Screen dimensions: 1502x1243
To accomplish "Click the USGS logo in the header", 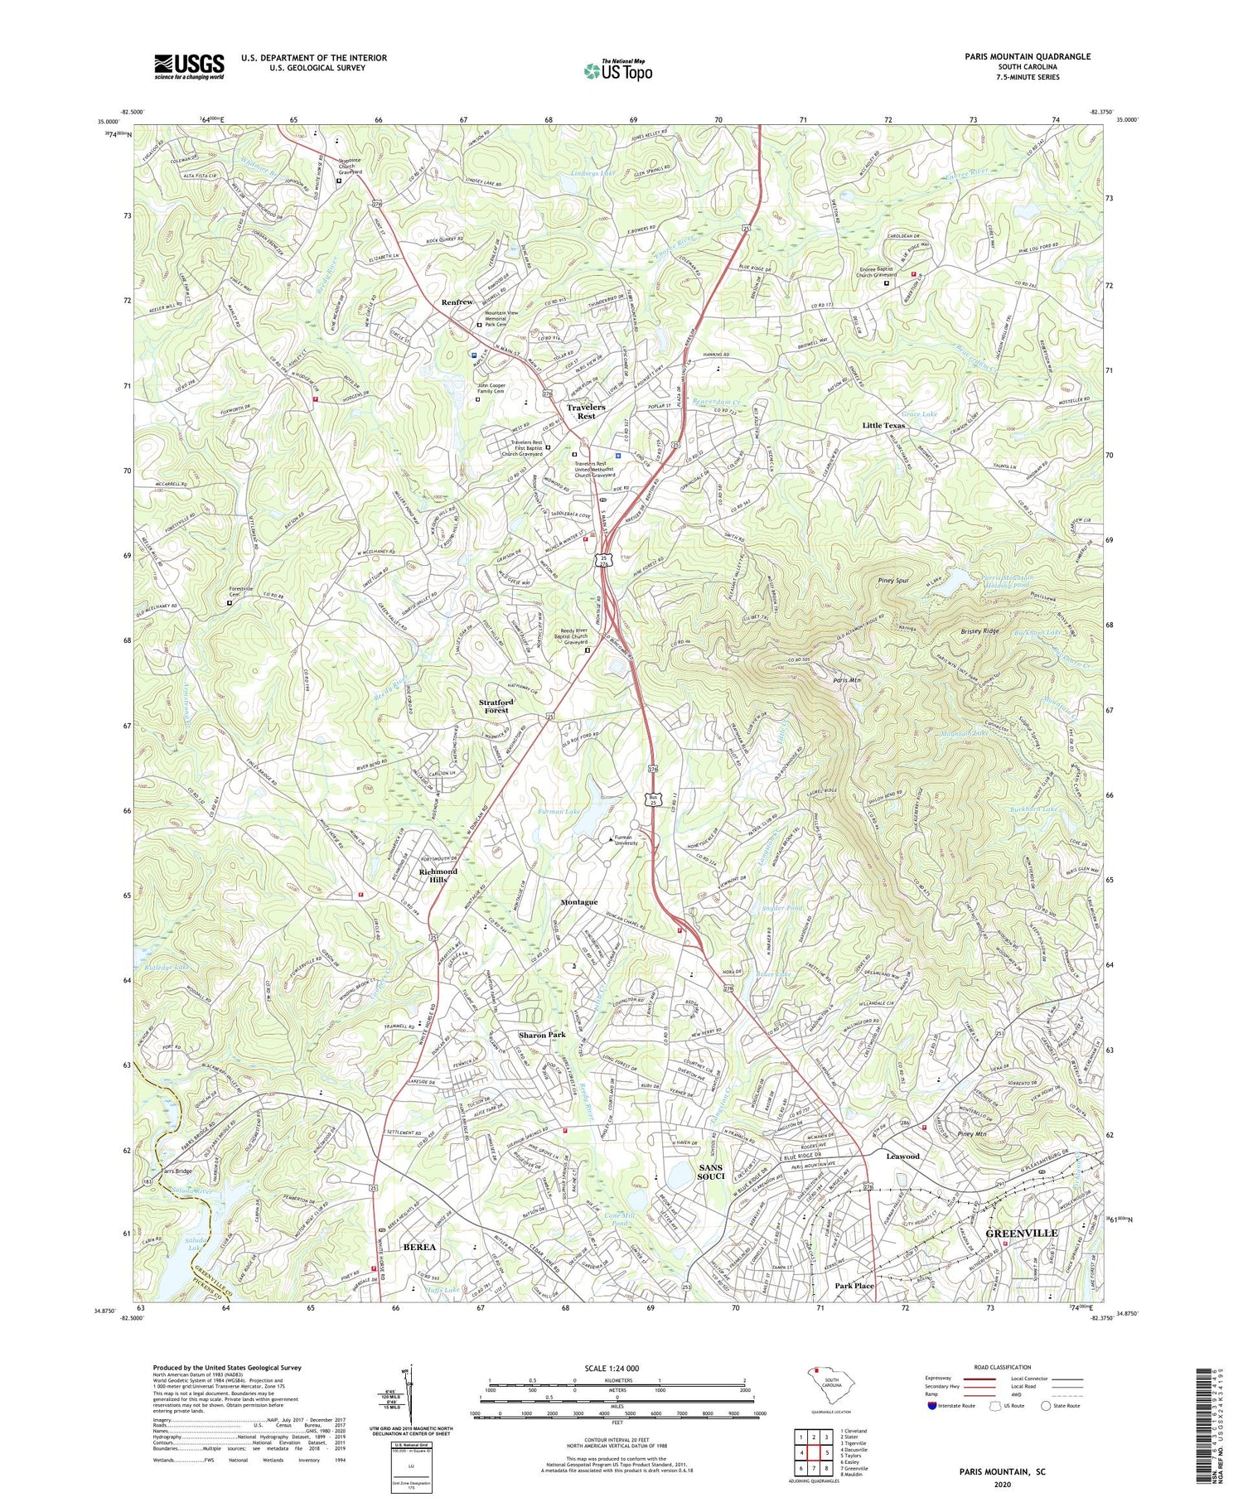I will (189, 66).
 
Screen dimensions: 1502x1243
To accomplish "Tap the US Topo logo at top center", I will (617, 70).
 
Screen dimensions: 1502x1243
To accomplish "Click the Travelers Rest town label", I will (586, 412).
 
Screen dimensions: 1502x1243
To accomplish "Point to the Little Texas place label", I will (883, 425).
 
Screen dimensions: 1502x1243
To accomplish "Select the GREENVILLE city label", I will (1021, 1233).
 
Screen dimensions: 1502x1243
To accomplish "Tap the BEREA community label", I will (419, 1246).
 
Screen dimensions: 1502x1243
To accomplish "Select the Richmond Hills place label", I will (438, 876).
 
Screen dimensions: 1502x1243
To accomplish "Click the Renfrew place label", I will (457, 302).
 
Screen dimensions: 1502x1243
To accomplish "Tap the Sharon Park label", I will (542, 1036).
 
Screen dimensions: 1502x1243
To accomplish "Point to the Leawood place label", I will (902, 1156).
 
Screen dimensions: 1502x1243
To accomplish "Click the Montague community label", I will (579, 902).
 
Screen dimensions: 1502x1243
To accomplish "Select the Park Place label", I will (854, 1286).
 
